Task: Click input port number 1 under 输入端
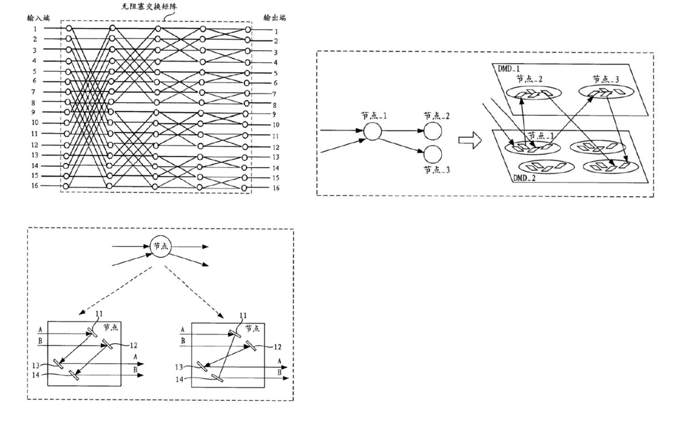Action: (x=35, y=29)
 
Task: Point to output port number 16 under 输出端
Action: (x=276, y=188)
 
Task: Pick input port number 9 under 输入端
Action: (x=35, y=112)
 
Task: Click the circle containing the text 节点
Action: (x=160, y=246)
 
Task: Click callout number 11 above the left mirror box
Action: (x=99, y=314)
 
